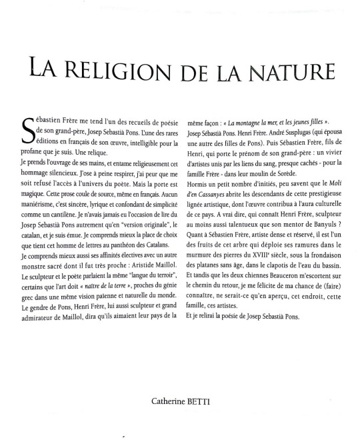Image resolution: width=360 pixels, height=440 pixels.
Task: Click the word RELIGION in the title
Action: pos(123,69)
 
